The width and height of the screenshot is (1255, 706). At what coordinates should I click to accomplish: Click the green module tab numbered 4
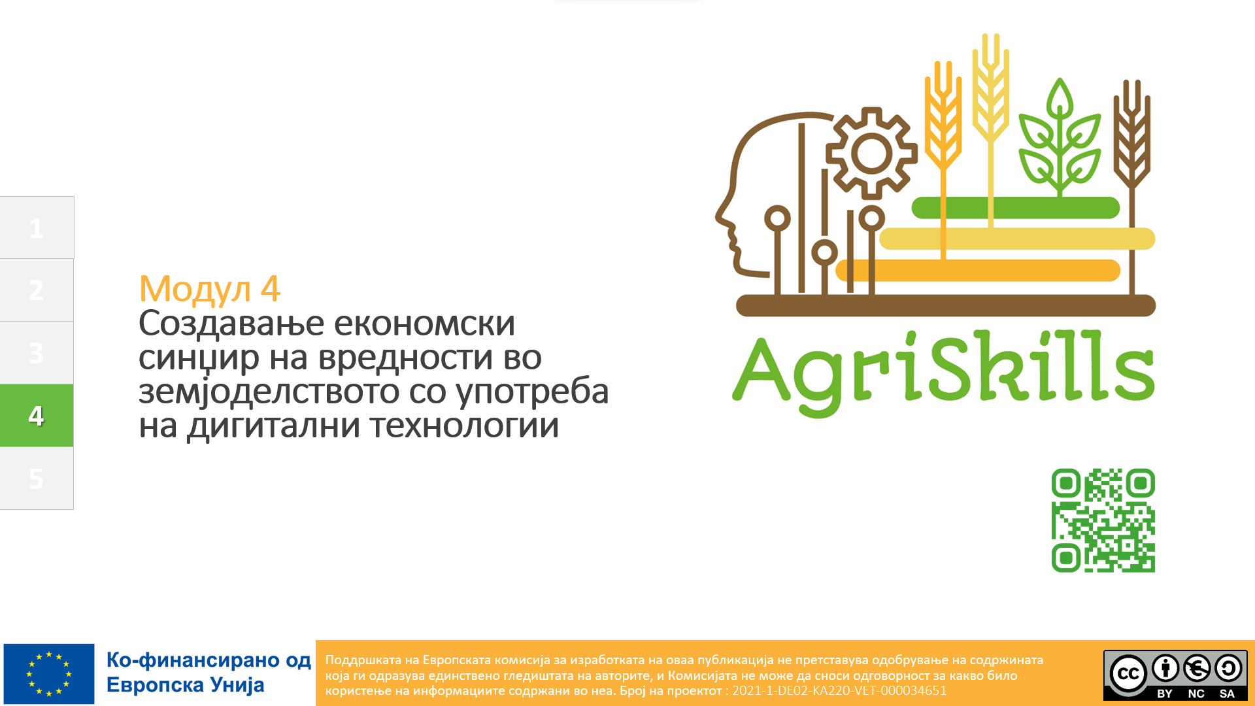point(37,415)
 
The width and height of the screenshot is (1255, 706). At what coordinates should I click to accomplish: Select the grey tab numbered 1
point(37,227)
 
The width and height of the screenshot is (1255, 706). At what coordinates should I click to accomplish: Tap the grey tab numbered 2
point(37,290)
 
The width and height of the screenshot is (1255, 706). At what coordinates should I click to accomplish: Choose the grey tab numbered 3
point(37,352)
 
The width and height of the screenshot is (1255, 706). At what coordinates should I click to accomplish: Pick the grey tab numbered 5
point(37,478)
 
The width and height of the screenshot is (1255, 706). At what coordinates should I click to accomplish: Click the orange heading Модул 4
point(210,289)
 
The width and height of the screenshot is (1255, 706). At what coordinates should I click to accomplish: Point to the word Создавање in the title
point(231,324)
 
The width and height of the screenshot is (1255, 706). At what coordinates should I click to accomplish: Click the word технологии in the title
point(464,426)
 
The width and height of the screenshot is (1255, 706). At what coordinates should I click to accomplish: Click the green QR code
point(1103,520)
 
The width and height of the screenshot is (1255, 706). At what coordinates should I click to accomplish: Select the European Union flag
point(49,673)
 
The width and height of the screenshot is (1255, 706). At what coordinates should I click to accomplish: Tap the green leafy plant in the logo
point(1060,137)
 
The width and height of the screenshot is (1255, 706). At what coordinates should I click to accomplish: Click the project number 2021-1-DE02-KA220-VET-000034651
point(839,690)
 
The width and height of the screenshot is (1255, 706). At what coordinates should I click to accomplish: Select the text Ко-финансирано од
point(209,660)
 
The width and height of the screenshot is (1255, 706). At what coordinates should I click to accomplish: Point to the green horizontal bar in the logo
point(1016,208)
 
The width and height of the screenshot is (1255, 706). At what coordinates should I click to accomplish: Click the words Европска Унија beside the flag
point(186,685)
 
